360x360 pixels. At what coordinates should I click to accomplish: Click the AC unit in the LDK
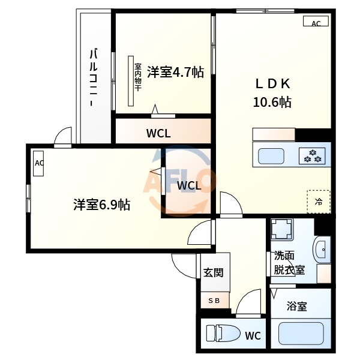coord(316,23)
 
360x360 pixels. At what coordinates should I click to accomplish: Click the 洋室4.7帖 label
coord(175,73)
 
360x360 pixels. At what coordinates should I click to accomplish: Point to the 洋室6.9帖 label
coord(101,205)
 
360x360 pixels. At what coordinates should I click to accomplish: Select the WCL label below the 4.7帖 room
coord(158,134)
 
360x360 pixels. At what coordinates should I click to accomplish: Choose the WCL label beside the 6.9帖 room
coord(189,185)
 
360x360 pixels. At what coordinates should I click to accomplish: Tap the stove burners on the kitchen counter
coord(313,156)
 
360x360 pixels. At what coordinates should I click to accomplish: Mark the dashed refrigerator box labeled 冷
coord(318,201)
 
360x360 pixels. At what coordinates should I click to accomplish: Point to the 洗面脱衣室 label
coord(289,262)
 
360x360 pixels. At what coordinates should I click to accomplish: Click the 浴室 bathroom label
coord(296,307)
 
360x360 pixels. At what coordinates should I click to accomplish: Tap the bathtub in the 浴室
coord(301,332)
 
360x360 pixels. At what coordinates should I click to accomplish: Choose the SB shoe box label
coord(214,301)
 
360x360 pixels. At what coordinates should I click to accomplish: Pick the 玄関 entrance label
coord(213,272)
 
